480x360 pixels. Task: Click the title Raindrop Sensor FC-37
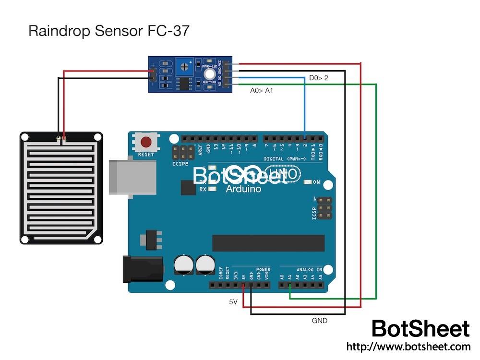109,31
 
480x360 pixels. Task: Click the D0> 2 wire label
318,77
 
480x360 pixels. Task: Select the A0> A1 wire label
262,90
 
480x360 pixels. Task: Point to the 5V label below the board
233,302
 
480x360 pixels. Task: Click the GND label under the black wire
320,320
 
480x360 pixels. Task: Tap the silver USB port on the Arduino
132,178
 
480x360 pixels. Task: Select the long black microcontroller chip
268,243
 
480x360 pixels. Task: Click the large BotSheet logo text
420,329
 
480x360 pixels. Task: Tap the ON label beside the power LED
316,182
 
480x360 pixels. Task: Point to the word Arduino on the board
244,189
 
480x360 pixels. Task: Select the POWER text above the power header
263,269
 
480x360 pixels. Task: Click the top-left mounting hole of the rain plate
25,137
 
